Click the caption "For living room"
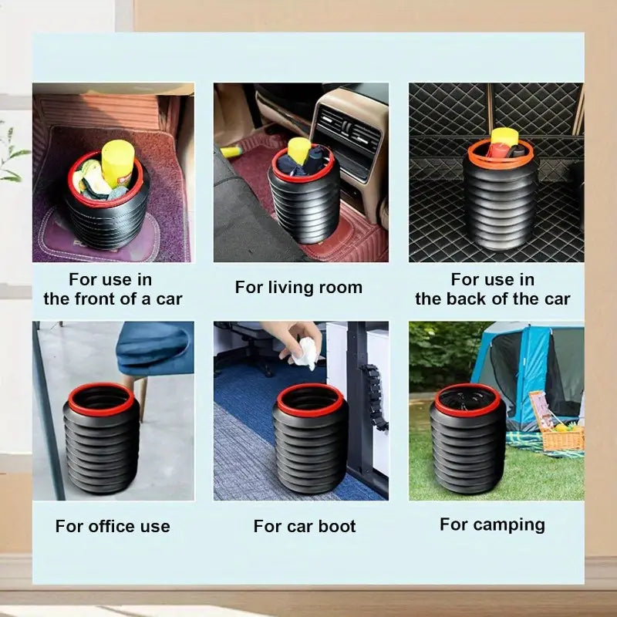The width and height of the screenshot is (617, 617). [298, 288]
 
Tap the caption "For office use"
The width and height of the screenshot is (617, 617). [113, 527]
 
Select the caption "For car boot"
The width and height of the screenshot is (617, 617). [305, 527]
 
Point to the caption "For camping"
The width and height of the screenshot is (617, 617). [492, 525]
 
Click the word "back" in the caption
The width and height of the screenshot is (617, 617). [474, 299]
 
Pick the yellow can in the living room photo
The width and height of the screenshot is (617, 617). [298, 149]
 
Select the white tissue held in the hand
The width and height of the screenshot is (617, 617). [307, 353]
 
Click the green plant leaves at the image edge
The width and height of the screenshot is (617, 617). [12, 162]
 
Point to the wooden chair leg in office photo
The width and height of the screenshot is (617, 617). [142, 397]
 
